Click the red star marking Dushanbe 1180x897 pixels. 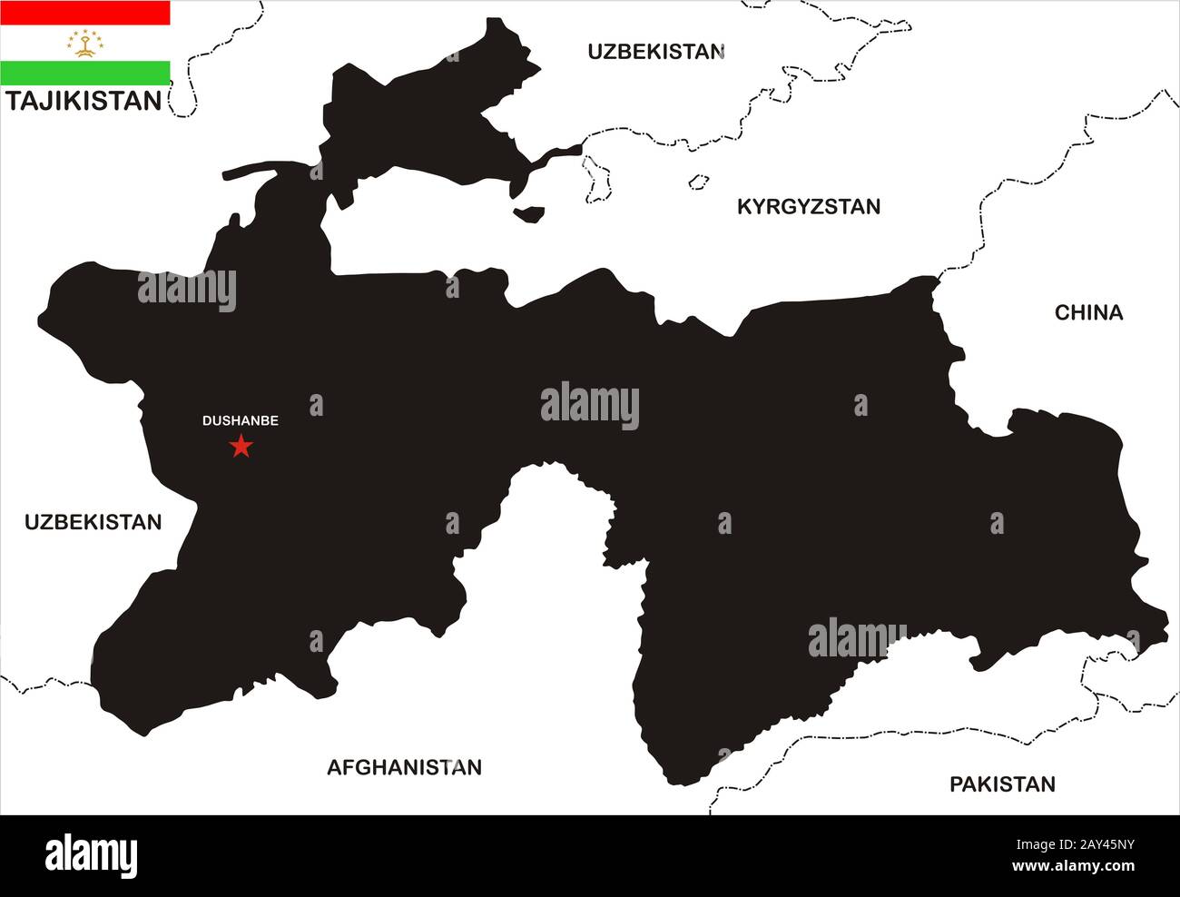click(241, 446)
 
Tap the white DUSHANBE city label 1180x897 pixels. click(240, 421)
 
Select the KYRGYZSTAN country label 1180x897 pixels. click(808, 207)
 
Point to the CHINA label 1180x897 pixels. click(1088, 312)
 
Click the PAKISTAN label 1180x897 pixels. click(1002, 784)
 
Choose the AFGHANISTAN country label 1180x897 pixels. click(404, 767)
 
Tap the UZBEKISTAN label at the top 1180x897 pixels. click(655, 51)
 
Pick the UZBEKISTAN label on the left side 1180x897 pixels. click(93, 522)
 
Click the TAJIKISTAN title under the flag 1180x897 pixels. click(84, 101)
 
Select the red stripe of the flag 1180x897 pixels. click(85, 12)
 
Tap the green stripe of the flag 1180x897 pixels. click(85, 73)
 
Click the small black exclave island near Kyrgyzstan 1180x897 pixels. click(529, 214)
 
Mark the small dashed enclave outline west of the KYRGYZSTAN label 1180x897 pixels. click(698, 182)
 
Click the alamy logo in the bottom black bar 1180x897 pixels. click(91, 855)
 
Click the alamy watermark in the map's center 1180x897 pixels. click(590, 406)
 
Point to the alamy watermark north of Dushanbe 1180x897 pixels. click(187, 290)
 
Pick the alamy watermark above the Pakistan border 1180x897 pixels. click(857, 637)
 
